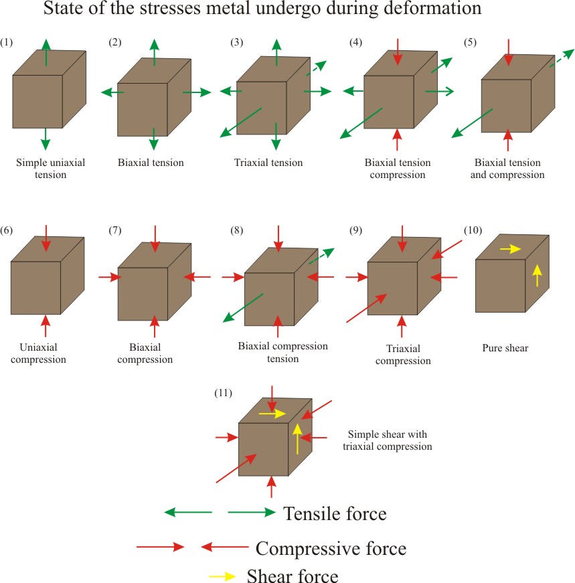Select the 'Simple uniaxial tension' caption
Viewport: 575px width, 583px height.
(51, 168)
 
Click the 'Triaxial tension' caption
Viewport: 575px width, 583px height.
(268, 163)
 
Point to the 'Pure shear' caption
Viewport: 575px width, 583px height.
(505, 348)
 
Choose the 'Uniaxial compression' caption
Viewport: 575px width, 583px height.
(37, 353)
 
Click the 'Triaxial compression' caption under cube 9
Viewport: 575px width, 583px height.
(403, 355)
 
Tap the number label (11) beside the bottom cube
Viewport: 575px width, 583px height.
(223, 393)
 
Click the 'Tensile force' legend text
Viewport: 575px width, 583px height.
(335, 514)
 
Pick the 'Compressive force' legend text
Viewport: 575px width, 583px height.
(331, 549)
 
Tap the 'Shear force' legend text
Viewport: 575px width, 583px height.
(293, 575)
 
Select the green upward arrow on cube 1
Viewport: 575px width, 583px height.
(46, 52)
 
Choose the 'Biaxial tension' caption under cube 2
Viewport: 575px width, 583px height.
(151, 163)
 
